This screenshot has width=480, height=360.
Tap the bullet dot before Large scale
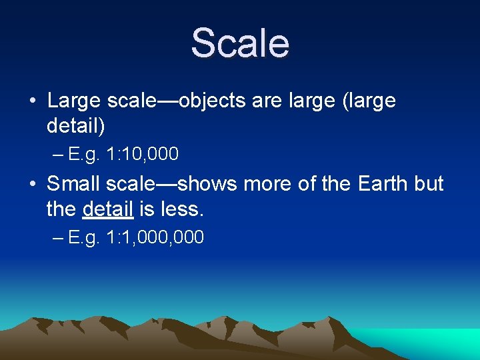32,101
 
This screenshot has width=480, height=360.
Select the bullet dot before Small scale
32,183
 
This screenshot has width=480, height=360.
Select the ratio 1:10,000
143,155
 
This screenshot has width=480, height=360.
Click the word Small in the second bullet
71,183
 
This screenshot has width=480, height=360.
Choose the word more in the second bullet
267,183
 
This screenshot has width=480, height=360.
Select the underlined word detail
107,209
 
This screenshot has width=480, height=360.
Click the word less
182,209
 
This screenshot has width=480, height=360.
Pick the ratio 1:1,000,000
155,237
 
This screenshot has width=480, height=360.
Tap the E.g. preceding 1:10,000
84,155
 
